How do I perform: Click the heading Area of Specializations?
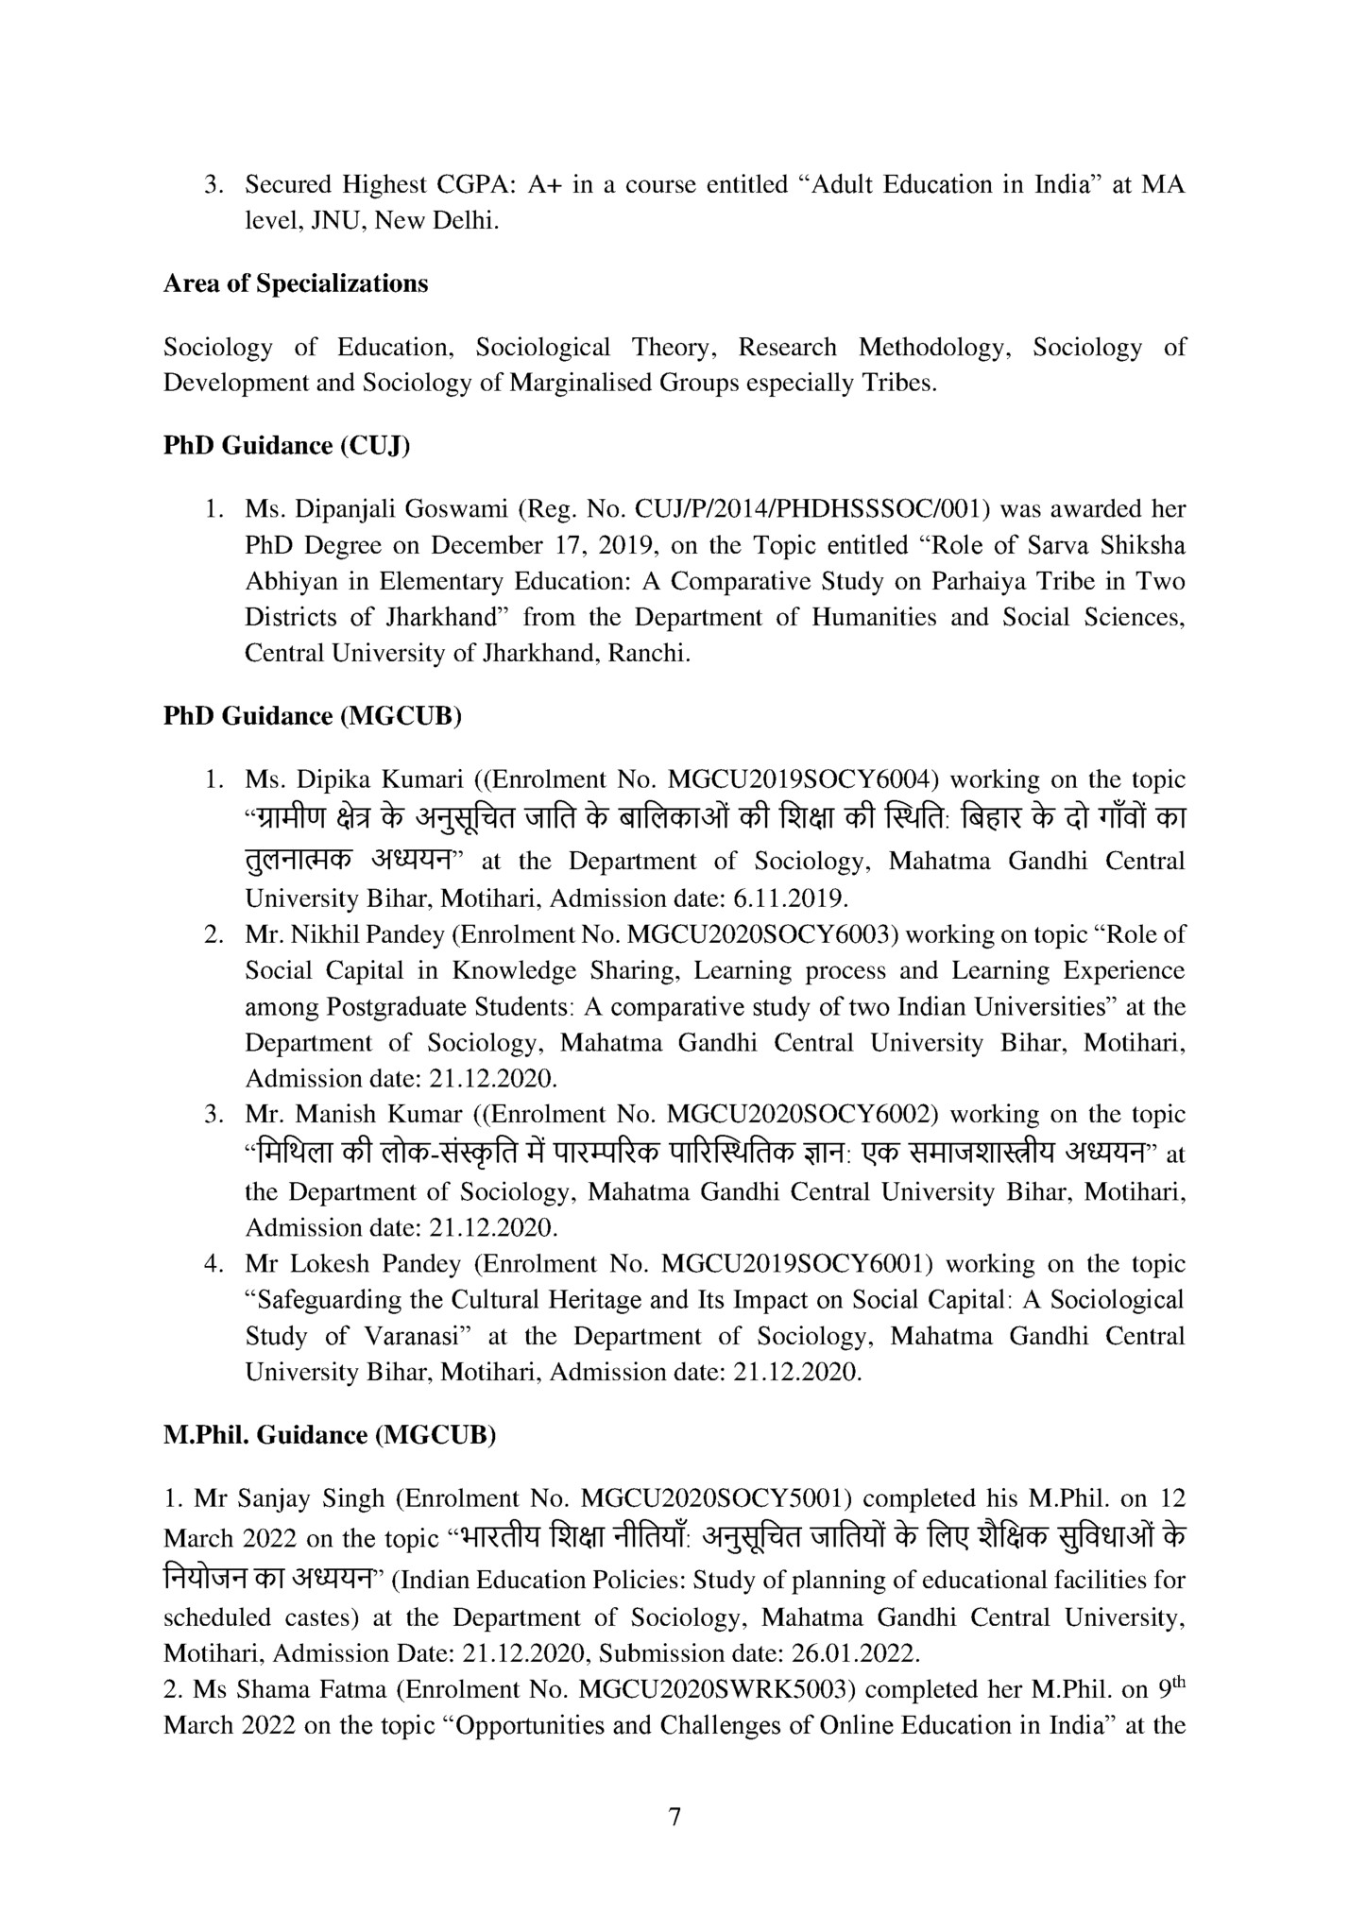295,283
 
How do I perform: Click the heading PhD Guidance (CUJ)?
286,445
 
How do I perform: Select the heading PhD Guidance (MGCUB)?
313,715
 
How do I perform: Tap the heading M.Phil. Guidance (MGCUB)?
330,1434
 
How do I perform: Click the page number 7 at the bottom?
674,1817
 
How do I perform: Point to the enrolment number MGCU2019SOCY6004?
802,779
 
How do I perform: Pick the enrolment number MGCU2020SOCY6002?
802,1114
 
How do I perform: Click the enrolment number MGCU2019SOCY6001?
798,1263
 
